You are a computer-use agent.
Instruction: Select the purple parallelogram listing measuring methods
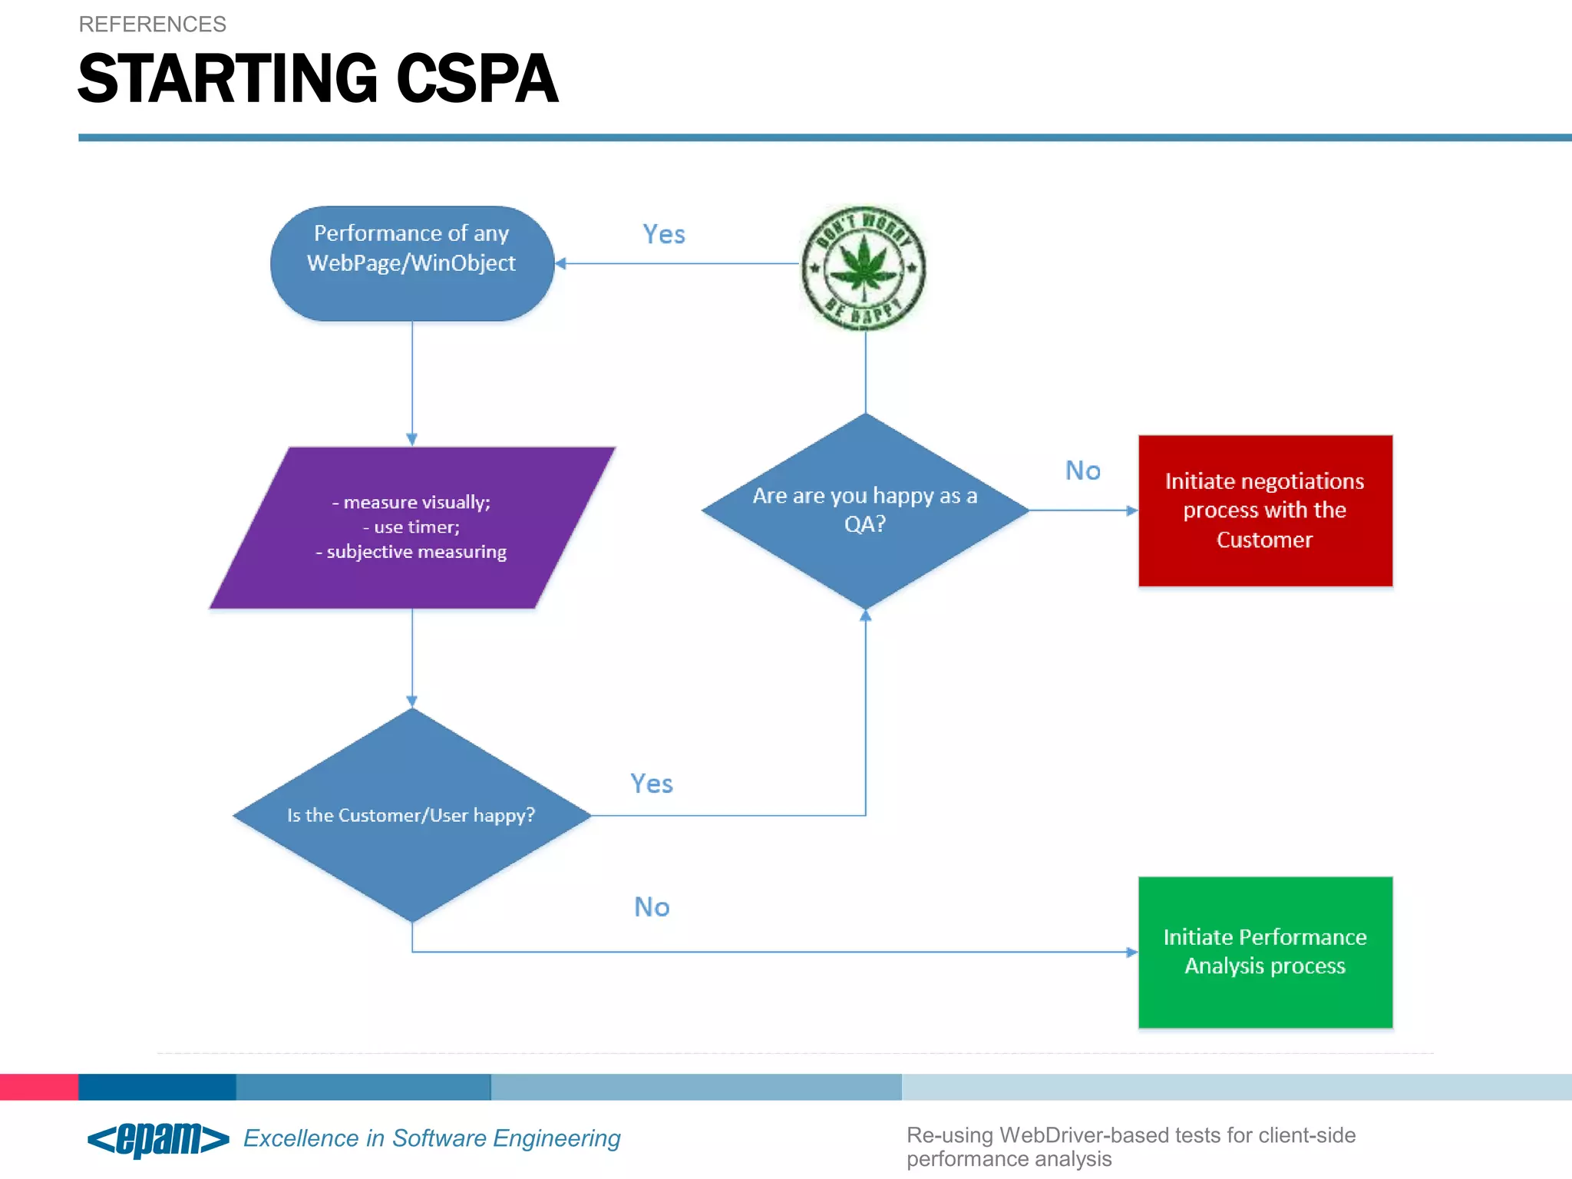point(412,527)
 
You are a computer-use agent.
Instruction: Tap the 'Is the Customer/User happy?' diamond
point(411,815)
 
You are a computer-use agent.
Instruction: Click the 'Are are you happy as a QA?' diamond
point(865,510)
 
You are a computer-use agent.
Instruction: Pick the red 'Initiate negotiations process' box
point(1265,510)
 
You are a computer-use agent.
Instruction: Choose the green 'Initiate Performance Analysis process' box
point(1265,952)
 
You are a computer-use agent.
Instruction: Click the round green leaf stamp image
point(864,268)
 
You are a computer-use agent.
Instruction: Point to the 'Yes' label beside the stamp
point(664,234)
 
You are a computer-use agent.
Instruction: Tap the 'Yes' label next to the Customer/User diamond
point(652,784)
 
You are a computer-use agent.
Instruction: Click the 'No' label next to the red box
point(1083,471)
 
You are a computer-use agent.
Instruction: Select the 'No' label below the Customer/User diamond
point(652,907)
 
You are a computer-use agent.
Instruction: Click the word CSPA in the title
point(477,79)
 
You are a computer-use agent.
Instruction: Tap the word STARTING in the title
point(228,79)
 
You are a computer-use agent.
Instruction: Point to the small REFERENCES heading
point(153,25)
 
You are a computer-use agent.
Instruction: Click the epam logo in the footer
point(159,1138)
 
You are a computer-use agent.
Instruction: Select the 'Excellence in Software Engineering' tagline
point(432,1138)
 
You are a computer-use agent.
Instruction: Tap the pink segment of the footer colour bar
point(38,1087)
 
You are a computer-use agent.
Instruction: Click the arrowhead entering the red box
point(1132,510)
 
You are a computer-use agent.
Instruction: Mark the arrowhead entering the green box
point(1132,952)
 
